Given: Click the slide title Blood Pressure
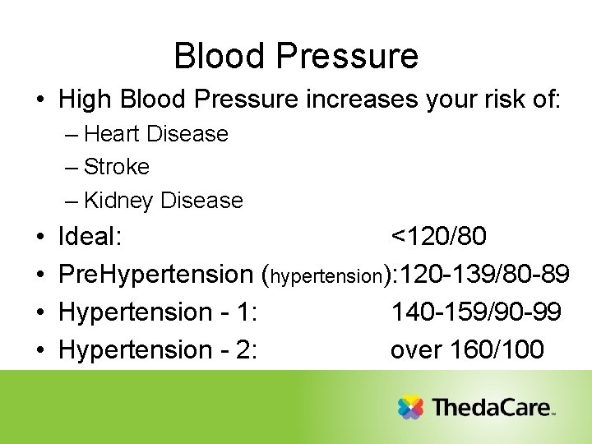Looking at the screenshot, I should coord(296,56).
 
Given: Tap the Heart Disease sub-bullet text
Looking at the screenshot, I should coord(155,134).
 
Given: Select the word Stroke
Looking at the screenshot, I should coord(117,167).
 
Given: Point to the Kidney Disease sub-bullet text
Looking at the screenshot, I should coord(163,201).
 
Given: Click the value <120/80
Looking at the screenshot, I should coord(438,237).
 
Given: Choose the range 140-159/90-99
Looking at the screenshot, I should coord(476,312).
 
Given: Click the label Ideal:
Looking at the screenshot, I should coord(90,237).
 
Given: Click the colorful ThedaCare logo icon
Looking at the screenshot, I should coord(410,407).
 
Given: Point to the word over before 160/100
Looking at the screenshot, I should coord(417,350).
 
